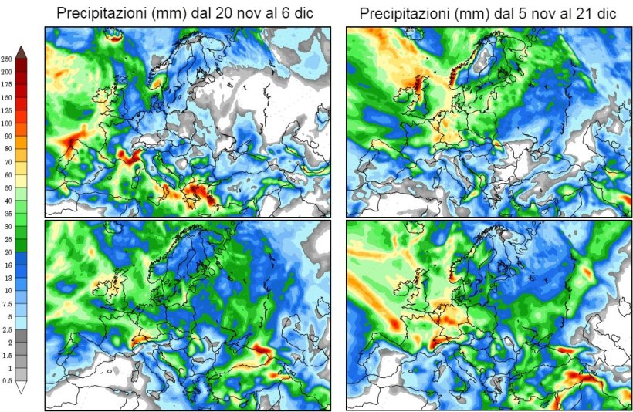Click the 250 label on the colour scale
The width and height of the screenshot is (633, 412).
7,59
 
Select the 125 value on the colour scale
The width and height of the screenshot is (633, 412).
7,110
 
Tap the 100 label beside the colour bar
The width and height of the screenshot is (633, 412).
7,123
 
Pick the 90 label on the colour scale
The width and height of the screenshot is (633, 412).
7,136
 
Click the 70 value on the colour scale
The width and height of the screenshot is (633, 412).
7,162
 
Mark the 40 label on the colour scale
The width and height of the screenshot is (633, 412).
7,201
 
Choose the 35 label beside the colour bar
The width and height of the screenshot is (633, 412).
7,214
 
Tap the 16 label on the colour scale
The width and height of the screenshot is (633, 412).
7,265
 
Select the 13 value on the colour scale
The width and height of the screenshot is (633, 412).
7,278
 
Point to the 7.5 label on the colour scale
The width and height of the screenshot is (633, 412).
7,303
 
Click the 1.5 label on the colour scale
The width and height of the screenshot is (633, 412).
7,355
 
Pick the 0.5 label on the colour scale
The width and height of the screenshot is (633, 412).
7,380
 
